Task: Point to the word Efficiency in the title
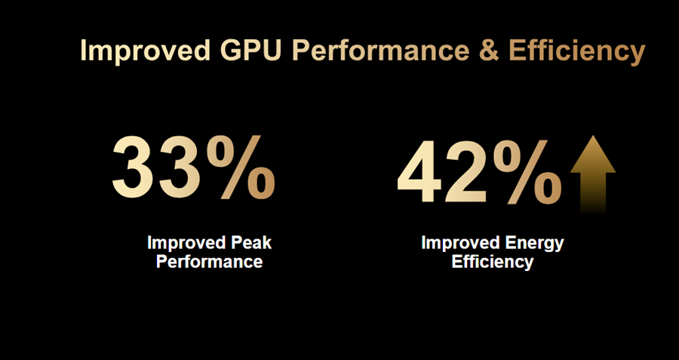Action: pyautogui.click(x=576, y=51)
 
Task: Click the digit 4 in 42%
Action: pyautogui.click(x=421, y=174)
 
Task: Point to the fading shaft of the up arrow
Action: pyautogui.click(x=593, y=192)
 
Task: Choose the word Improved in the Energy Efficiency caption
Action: pyautogui.click(x=459, y=244)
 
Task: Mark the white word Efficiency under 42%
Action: pyautogui.click(x=492, y=262)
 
